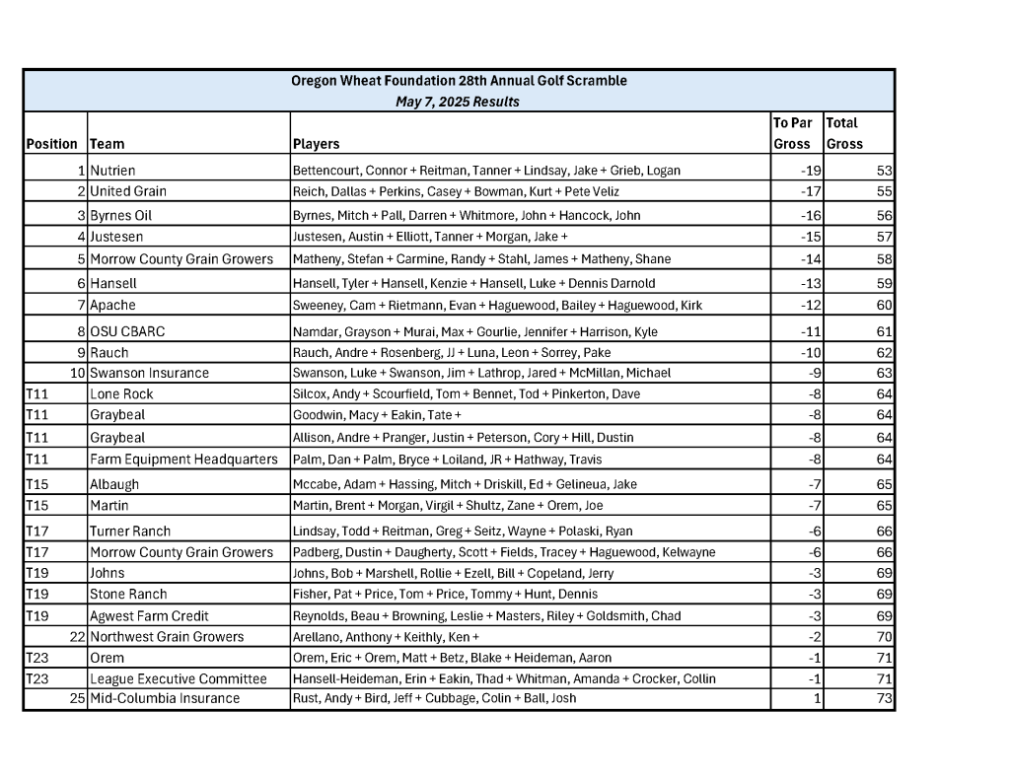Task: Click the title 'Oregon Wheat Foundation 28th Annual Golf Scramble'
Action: [459, 81]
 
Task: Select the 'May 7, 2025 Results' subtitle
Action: [458, 102]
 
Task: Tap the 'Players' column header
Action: [317, 144]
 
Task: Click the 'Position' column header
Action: [52, 144]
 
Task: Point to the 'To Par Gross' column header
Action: [793, 133]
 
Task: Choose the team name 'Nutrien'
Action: [112, 171]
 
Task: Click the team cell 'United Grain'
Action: [128, 191]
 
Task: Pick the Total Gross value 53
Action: [884, 171]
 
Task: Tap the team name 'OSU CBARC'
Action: [127, 331]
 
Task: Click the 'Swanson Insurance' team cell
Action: [149, 373]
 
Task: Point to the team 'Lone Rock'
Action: [121, 393]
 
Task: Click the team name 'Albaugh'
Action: [114, 484]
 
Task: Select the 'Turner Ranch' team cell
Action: [130, 531]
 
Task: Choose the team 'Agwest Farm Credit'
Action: [149, 615]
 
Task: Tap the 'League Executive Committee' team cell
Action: [178, 678]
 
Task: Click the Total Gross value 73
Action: [884, 698]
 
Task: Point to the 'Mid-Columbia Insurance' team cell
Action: [165, 698]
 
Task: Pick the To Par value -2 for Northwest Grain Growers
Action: [815, 637]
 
